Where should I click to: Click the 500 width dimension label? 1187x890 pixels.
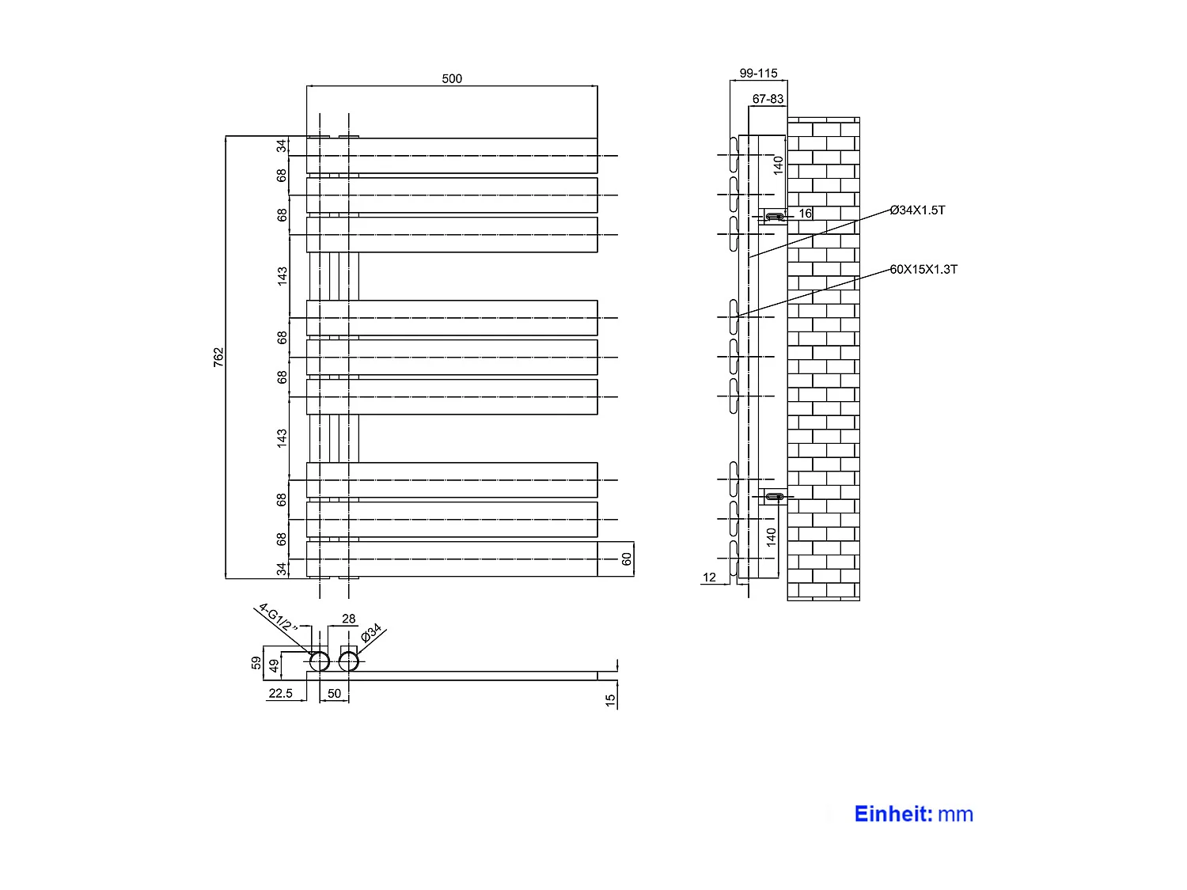point(452,78)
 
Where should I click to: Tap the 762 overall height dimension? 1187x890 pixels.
point(218,357)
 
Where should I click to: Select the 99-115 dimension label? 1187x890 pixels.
point(758,73)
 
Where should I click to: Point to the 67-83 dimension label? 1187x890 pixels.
point(768,99)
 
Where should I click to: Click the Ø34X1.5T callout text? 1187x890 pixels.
point(917,210)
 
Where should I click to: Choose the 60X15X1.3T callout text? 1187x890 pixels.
point(923,269)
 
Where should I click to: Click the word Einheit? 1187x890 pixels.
point(893,814)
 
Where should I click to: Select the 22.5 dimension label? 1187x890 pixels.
point(280,694)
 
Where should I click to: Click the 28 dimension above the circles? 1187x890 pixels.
point(348,619)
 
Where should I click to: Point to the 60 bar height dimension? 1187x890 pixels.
point(627,559)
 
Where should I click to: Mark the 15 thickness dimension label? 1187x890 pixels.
point(610,700)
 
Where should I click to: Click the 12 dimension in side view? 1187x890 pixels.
point(709,578)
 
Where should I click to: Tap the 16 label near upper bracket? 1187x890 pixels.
point(805,214)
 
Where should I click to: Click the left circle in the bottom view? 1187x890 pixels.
point(319,661)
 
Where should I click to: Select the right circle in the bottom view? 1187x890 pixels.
point(348,661)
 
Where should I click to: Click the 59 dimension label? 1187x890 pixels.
point(256,663)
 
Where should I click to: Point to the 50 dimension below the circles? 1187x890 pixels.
point(334,694)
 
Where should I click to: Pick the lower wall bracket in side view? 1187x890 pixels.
point(774,497)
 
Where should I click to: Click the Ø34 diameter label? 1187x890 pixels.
point(371,632)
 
